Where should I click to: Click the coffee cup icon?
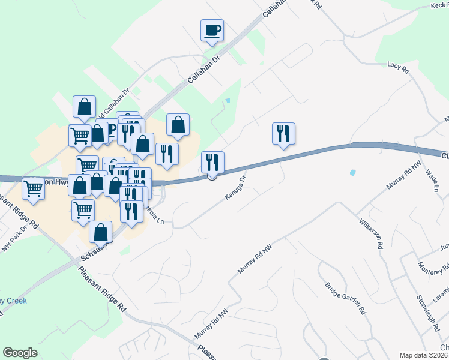212,30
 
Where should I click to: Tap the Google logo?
20,353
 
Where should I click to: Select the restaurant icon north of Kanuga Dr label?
212,162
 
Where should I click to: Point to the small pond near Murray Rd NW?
352,173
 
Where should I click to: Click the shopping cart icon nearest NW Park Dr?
34,190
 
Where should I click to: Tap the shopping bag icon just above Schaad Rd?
100,232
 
